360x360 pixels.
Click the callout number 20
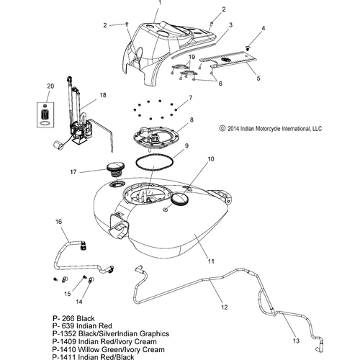[x=50, y=86]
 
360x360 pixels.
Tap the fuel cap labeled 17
[x=115, y=169]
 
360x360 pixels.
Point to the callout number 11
[x=211, y=261]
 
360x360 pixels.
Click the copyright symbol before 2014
[x=222, y=128]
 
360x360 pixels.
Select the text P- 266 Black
[x=73, y=318]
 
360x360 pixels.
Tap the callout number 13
[x=297, y=341]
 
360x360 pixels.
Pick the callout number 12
[x=225, y=307]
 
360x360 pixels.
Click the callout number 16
[x=59, y=222]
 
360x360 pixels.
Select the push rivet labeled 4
[x=247, y=48]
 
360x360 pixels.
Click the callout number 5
[x=258, y=78]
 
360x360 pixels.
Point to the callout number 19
[x=192, y=57]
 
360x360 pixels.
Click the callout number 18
[x=103, y=95]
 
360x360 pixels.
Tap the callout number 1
[x=160, y=3]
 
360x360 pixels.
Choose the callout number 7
[x=191, y=98]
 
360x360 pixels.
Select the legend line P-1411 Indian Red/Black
[x=93, y=357]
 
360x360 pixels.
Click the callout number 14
[x=79, y=302]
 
